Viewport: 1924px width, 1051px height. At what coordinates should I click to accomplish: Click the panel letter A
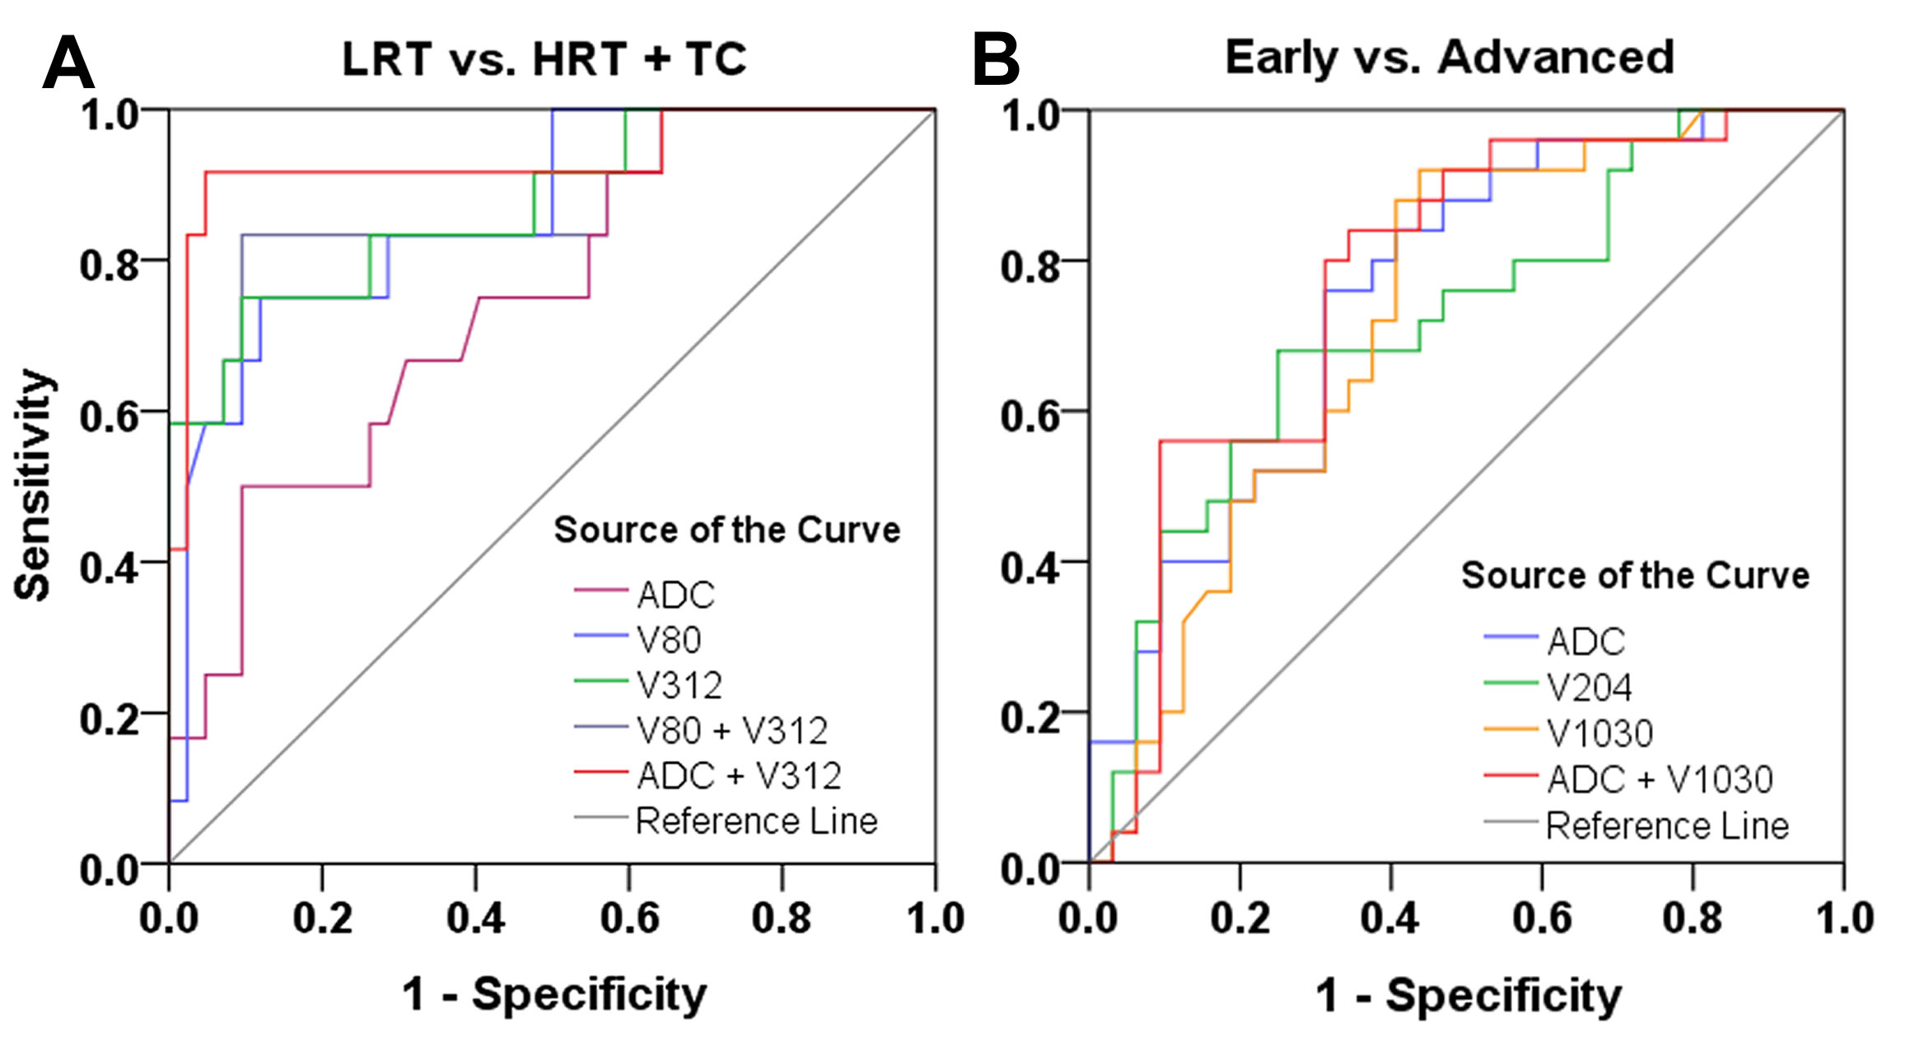(68, 63)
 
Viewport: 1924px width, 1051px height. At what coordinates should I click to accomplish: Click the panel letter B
(995, 60)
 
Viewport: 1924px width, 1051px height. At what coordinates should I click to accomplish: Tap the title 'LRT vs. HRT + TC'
(544, 59)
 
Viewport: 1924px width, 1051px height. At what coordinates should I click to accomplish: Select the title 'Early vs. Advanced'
(1449, 58)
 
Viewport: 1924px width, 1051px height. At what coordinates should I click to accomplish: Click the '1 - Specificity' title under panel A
(553, 994)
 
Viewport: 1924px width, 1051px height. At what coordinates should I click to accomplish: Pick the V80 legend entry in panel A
(668, 640)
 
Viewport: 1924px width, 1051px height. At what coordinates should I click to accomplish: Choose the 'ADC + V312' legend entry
(739, 776)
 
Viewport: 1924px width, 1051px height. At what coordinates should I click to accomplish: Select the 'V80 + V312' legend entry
(731, 731)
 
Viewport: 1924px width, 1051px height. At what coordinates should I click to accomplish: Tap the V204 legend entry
(1589, 688)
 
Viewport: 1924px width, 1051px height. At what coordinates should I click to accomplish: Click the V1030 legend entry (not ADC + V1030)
(1599, 733)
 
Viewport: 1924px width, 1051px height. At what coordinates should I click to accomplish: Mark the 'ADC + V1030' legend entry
(1660, 779)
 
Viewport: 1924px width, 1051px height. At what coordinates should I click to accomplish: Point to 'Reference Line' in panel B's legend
(1667, 825)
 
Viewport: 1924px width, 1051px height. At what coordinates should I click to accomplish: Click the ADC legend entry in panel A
(675, 595)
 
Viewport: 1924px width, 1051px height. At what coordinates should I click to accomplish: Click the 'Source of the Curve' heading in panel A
(726, 530)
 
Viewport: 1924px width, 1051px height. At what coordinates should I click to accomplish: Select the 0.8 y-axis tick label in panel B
(1030, 265)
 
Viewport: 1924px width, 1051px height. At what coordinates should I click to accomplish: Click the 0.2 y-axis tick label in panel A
(109, 719)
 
